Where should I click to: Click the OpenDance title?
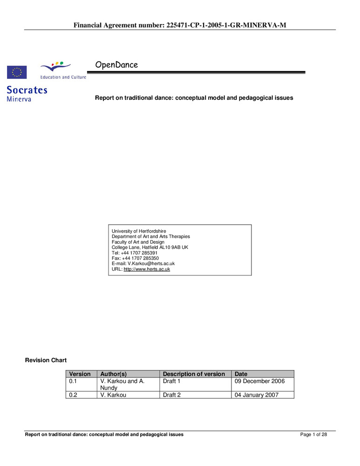tap(116, 65)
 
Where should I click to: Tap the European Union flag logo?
tap(17, 72)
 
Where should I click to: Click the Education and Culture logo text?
tap(63, 77)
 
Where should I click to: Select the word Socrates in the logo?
tap(27, 90)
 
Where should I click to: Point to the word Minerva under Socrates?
tap(19, 99)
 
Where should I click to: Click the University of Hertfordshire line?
tap(139, 231)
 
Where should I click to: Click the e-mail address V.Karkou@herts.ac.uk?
tap(151, 264)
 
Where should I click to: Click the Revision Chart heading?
tap(46, 360)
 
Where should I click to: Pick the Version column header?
tap(80, 374)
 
